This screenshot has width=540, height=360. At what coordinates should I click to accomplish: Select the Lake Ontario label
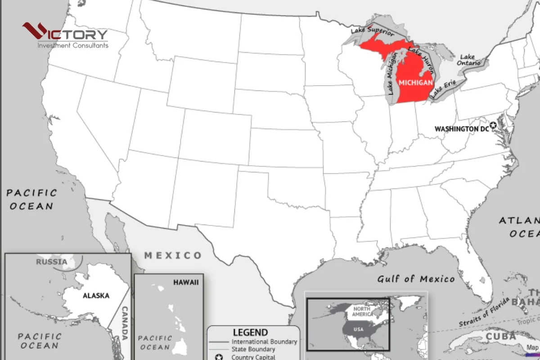[x=467, y=60]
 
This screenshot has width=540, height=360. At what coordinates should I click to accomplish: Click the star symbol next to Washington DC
[x=494, y=126]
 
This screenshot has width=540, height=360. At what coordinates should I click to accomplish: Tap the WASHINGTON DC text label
[x=461, y=129]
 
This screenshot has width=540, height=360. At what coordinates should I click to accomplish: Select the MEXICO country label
[x=173, y=256]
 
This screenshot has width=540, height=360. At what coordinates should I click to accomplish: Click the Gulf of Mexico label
[x=416, y=279]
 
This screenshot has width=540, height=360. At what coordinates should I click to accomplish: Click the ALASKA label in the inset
[x=96, y=296]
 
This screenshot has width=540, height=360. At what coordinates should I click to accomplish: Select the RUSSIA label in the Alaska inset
[x=52, y=261]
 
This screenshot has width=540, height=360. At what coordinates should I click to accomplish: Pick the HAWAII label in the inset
[x=185, y=282]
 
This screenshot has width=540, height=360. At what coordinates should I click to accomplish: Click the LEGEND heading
[x=251, y=333]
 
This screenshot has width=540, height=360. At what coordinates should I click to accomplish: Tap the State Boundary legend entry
[x=253, y=349]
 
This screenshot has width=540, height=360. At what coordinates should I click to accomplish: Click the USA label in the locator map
[x=358, y=329]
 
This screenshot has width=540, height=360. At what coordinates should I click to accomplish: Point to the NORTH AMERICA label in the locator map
[x=363, y=311]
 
